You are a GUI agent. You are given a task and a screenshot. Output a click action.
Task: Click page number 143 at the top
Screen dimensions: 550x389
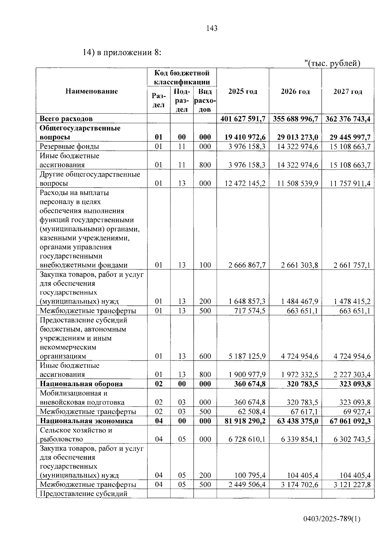212,29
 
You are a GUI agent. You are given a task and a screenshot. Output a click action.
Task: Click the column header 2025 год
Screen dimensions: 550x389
242,92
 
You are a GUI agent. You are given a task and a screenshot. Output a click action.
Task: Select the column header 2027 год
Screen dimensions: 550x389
348,92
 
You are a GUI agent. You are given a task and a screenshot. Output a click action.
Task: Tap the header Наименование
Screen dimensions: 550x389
92,91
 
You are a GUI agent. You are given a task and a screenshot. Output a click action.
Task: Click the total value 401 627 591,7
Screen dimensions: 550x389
243,119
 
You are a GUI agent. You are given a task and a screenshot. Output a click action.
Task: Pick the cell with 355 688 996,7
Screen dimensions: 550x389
295,119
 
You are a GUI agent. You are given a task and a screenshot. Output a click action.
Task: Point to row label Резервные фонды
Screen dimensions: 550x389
69,146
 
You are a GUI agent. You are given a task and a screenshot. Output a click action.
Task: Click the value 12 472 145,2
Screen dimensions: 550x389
245,183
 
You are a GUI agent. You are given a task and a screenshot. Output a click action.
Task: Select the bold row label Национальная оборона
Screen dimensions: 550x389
81,384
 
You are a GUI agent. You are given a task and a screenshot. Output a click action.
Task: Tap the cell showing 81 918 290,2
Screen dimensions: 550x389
245,421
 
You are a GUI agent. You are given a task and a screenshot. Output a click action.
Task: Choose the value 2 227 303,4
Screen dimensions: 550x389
352,375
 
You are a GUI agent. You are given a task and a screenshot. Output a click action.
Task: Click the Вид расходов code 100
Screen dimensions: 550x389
205,265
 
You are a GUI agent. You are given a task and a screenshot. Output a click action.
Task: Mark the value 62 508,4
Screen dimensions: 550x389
250,412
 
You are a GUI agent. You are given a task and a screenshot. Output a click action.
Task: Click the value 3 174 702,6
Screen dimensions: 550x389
298,485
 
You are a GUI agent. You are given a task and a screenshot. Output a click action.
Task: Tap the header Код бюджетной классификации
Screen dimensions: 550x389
182,77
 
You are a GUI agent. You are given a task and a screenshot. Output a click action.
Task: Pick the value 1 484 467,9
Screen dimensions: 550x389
298,301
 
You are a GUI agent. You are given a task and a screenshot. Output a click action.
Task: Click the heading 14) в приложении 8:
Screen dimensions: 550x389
122,53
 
